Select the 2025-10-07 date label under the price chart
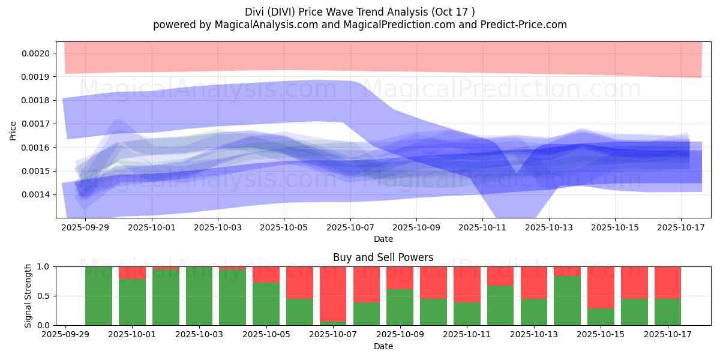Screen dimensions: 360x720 coord(350,228)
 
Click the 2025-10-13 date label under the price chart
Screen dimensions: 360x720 coord(548,228)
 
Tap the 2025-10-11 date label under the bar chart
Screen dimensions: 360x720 coord(466,335)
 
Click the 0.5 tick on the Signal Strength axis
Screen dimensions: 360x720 coord(43,296)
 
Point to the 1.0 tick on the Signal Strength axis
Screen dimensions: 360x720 coord(43,266)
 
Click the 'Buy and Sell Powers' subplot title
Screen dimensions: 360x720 coord(383,257)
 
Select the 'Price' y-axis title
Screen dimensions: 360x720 coord(13,130)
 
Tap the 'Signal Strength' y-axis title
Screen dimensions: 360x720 coord(28,296)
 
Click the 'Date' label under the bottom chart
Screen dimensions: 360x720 coord(383,346)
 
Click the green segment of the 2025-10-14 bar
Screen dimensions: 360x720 coord(567,301)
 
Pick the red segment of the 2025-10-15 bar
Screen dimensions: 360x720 coord(601,287)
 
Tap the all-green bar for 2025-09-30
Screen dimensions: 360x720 coord(98,296)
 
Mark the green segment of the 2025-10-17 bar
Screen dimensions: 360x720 coord(668,312)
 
